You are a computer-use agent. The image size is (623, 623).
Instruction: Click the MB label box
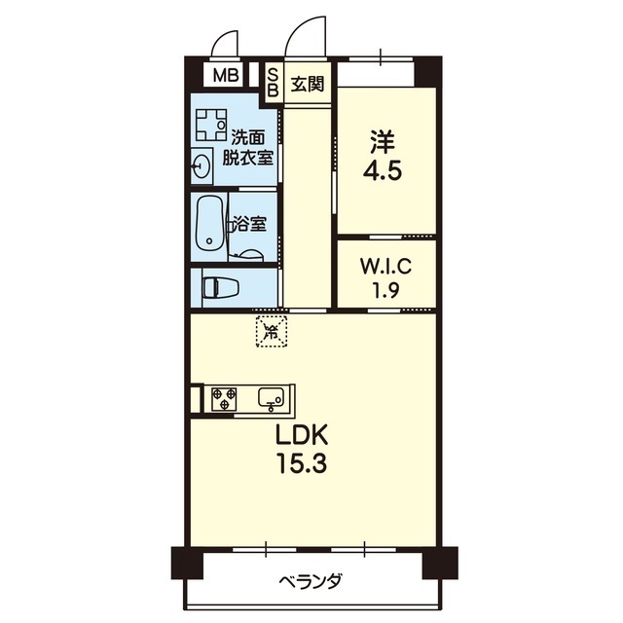[x=225, y=75]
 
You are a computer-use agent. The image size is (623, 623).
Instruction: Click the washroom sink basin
[x=202, y=165]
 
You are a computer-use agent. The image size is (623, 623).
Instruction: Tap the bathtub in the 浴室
[x=208, y=225]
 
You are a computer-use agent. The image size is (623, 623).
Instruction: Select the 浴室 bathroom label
[x=248, y=224]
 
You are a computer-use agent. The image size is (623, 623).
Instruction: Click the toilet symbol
[x=221, y=286]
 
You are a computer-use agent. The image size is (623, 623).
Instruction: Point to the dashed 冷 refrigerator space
[x=272, y=331]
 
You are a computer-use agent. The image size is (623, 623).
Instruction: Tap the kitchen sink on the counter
[x=272, y=397]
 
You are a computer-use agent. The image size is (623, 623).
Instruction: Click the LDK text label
[x=304, y=434]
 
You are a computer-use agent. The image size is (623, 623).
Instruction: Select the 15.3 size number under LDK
[x=304, y=463]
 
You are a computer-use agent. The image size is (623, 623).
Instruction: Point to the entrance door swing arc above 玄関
[x=302, y=37]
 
